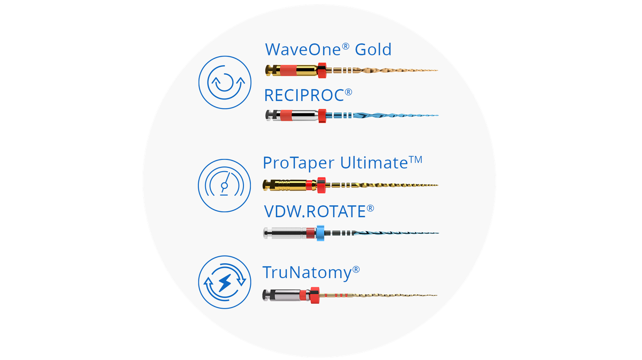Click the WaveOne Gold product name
(328, 49)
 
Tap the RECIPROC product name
(308, 95)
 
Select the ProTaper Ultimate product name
(342, 163)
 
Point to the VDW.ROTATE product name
(319, 211)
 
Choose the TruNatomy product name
(311, 272)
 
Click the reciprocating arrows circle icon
(225, 82)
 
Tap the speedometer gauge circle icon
(224, 186)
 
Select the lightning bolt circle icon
(225, 282)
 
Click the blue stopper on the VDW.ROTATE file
(320, 233)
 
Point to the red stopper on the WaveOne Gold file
(322, 70)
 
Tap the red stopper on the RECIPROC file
(322, 116)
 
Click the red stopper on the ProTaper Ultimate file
(322, 185)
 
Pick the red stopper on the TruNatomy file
(315, 295)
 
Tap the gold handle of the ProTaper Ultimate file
(290, 185)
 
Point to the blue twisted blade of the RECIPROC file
(395, 116)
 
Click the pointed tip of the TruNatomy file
(437, 295)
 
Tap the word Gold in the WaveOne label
(373, 49)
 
